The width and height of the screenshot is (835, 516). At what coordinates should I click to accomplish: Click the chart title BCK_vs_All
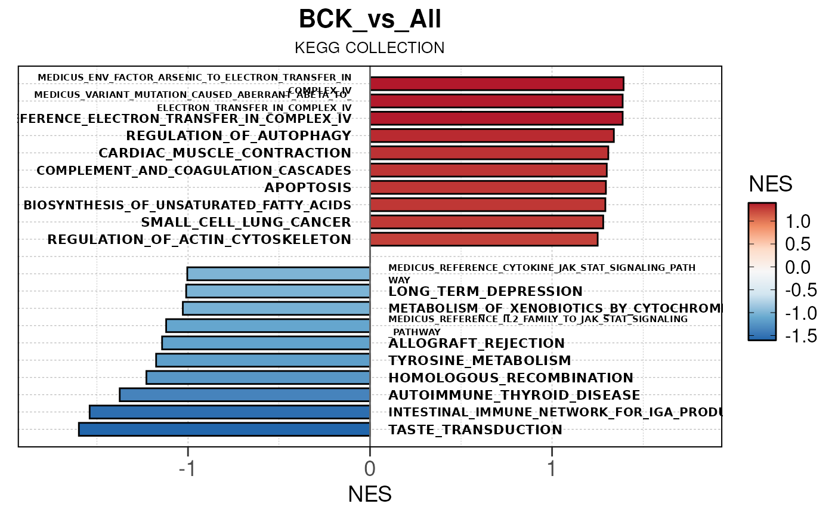370,20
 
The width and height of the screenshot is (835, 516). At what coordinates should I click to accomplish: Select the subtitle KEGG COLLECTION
370,48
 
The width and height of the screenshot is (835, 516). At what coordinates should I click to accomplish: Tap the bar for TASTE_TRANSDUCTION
224,430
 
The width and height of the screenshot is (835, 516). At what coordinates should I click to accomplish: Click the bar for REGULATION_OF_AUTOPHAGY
492,135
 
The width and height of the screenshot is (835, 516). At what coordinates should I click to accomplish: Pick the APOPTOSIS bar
488,187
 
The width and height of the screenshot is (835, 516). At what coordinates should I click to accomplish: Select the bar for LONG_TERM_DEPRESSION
278,291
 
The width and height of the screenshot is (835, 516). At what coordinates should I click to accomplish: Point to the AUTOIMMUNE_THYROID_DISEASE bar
245,395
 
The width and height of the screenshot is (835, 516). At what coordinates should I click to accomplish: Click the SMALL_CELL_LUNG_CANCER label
246,223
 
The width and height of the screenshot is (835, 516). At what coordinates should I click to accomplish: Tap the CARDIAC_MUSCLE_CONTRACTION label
225,153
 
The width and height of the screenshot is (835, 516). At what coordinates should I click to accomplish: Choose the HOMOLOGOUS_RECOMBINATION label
511,378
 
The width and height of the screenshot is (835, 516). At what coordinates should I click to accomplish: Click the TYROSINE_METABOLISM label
480,360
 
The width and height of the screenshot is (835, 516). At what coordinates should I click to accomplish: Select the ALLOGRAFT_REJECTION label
477,344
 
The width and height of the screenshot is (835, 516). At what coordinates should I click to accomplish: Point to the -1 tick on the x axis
187,469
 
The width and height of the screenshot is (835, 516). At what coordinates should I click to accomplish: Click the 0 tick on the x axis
370,469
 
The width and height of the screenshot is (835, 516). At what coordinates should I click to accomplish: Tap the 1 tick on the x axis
552,469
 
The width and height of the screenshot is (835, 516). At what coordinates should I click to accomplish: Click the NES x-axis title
370,495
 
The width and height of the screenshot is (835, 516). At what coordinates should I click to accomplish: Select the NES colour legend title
770,184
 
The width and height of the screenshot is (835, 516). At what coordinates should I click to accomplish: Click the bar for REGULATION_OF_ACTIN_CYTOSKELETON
484,239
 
